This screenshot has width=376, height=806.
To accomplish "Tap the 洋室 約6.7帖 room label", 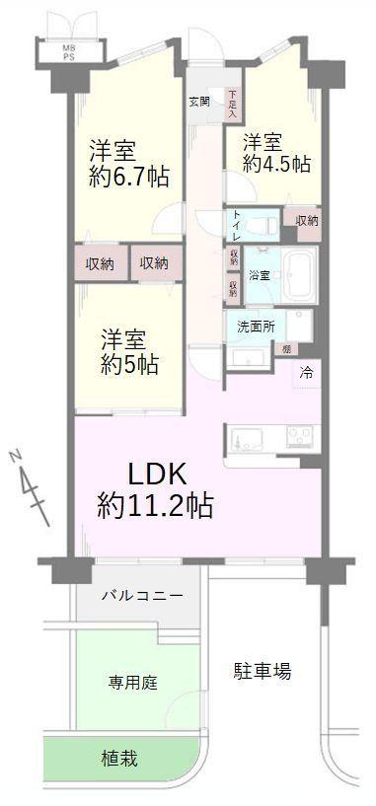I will pos(128,164).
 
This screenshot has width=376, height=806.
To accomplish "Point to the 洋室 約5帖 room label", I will pos(128,351).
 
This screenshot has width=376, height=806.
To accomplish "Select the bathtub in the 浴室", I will pos(296,265).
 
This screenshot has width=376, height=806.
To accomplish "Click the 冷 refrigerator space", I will pos(306,373).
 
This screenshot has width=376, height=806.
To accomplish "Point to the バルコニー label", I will pos(141,597).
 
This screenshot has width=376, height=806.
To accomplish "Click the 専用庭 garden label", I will pos(133,682).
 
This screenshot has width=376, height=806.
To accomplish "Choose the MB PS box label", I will pos(69,52).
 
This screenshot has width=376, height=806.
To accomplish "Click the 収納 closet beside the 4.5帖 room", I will pos(306,220).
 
